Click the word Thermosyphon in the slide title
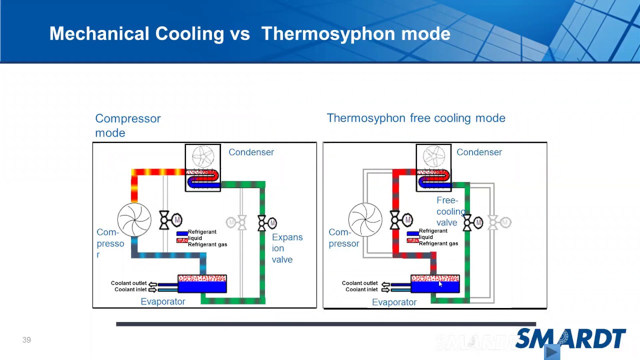[x=323, y=34]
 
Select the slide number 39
[x=26, y=340]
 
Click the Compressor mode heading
[x=127, y=125]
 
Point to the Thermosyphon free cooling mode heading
[x=415, y=118]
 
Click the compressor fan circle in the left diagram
[x=134, y=219]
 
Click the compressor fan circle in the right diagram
[x=365, y=219]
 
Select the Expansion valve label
[x=287, y=248]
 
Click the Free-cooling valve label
[x=449, y=211]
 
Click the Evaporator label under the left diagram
[x=162, y=301]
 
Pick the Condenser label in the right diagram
[x=478, y=152]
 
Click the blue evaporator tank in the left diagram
[x=202, y=287]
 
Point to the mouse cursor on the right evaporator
[x=440, y=284]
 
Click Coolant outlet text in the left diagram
[x=128, y=283]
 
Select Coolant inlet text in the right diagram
[x=361, y=289]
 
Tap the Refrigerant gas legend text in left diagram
[x=207, y=244]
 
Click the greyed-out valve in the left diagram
[x=236, y=222]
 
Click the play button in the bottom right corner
[x=551, y=352]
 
